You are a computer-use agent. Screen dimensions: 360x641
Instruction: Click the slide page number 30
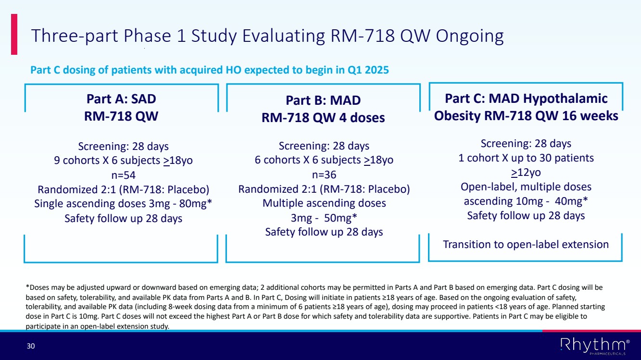pos(31,346)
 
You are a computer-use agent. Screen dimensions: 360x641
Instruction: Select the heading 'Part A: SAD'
pos(121,99)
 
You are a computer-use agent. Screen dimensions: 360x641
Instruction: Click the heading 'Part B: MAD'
pos(323,100)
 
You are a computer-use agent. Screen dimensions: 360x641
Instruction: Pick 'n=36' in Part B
pos(324,175)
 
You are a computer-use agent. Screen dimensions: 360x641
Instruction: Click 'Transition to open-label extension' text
pos(526,244)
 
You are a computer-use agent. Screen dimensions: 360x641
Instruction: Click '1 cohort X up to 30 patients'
pos(526,158)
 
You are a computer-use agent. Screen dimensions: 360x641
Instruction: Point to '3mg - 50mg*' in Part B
pos(324,218)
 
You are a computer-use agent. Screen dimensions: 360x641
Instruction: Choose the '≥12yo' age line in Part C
pos(526,173)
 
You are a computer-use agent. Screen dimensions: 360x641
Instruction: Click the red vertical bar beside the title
pos(14,34)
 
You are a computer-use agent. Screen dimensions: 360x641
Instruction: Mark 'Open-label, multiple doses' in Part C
pos(526,186)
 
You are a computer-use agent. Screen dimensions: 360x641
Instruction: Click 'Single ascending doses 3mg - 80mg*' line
pos(123,204)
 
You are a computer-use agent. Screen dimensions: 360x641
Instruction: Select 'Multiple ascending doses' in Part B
pos(324,203)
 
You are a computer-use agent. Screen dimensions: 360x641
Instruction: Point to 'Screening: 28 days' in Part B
pos(324,146)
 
